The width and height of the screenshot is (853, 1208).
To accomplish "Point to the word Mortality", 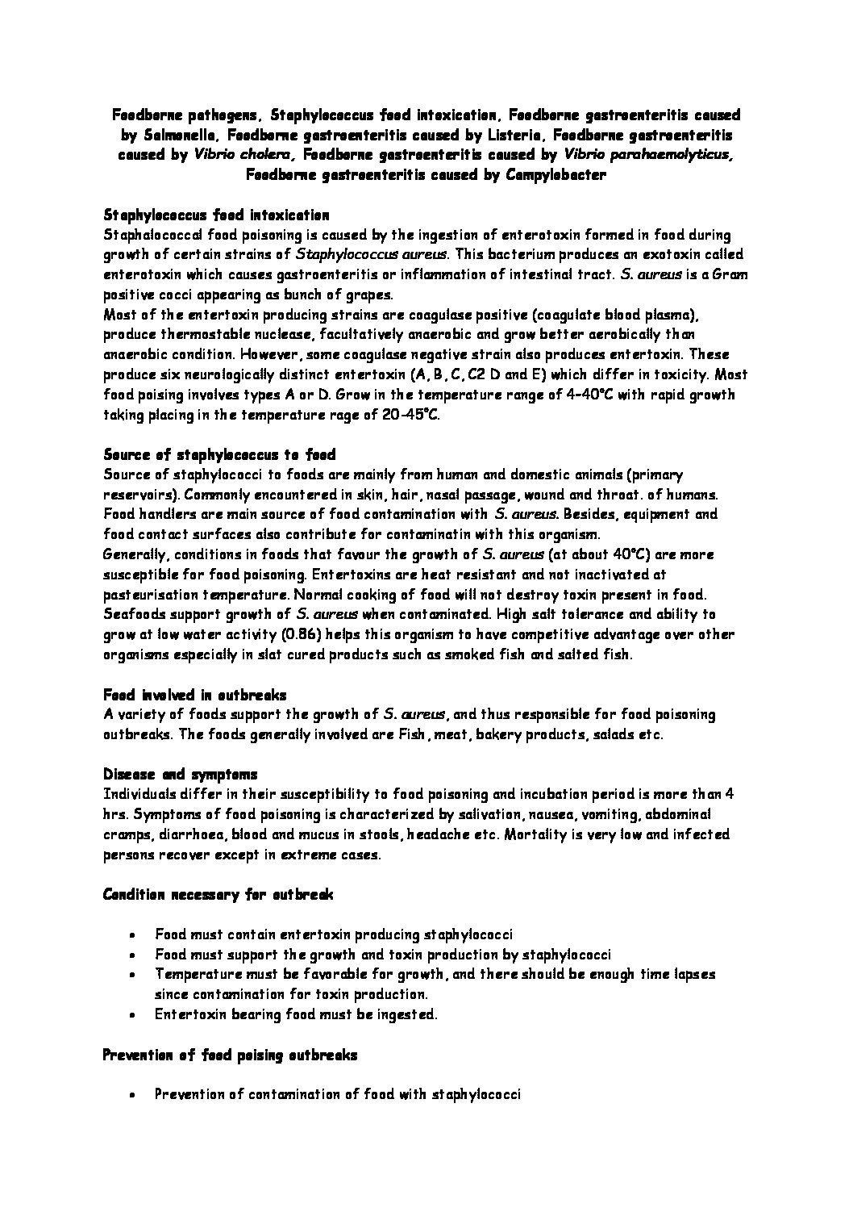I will [x=535, y=834].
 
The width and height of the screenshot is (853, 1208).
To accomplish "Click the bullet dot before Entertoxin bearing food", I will [x=131, y=1015].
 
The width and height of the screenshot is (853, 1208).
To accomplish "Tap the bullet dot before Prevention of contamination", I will [x=131, y=1095].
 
